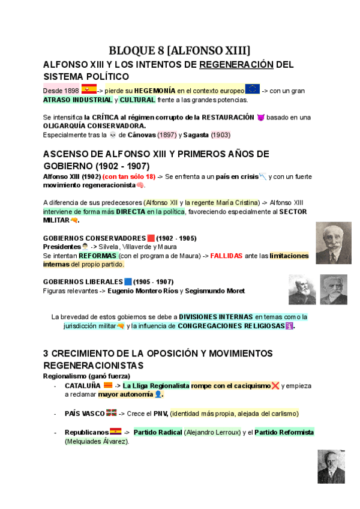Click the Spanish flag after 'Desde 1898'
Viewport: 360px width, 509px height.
click(89, 89)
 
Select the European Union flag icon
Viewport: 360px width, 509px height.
click(252, 89)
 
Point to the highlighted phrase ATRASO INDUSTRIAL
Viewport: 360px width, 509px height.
click(77, 100)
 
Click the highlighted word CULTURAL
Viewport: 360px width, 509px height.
click(137, 100)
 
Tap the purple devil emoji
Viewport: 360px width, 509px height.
click(260, 117)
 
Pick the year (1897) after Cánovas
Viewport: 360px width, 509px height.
click(161, 135)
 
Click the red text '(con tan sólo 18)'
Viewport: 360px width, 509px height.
click(129, 176)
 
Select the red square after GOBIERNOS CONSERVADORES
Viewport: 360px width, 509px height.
click(151, 238)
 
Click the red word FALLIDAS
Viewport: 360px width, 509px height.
click(227, 256)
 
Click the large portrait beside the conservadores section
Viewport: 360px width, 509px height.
click(334, 242)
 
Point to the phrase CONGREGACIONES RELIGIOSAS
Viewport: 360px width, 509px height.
click(231, 327)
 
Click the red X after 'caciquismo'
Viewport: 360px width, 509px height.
click(275, 385)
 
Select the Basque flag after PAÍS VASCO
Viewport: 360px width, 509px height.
click(111, 413)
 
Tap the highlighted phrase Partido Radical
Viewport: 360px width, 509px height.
click(158, 432)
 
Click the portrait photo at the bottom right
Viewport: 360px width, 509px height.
click(331, 466)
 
